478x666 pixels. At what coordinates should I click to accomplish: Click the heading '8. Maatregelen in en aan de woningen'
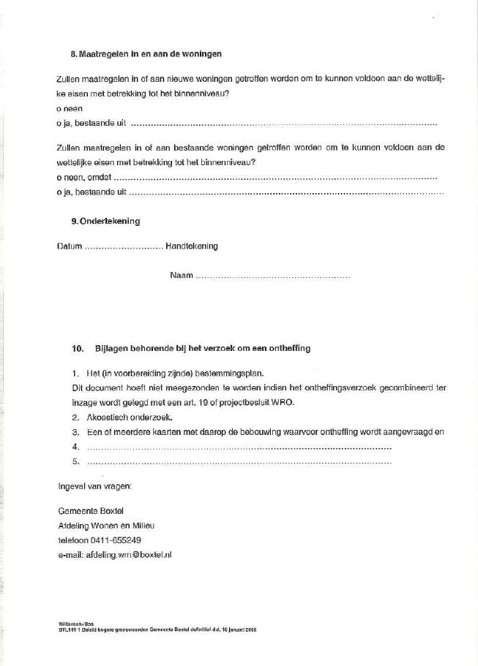(x=146, y=54)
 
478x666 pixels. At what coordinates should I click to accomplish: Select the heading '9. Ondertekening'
(x=105, y=222)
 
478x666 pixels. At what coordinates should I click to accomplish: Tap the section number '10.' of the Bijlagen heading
(x=78, y=348)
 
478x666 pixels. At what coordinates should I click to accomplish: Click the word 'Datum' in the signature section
(x=70, y=246)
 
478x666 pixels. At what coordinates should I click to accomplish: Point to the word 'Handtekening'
(x=192, y=246)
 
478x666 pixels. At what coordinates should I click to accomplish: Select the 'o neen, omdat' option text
(x=84, y=178)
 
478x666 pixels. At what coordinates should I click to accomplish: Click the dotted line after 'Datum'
(x=124, y=248)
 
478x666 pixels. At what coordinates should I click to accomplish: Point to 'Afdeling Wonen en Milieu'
(x=106, y=526)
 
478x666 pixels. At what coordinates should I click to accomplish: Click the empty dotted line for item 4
(x=239, y=447)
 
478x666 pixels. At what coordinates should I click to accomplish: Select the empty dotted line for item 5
(x=239, y=463)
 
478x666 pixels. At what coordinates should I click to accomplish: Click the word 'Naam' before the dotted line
(x=181, y=276)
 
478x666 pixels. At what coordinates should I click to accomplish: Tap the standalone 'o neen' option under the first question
(x=70, y=108)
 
